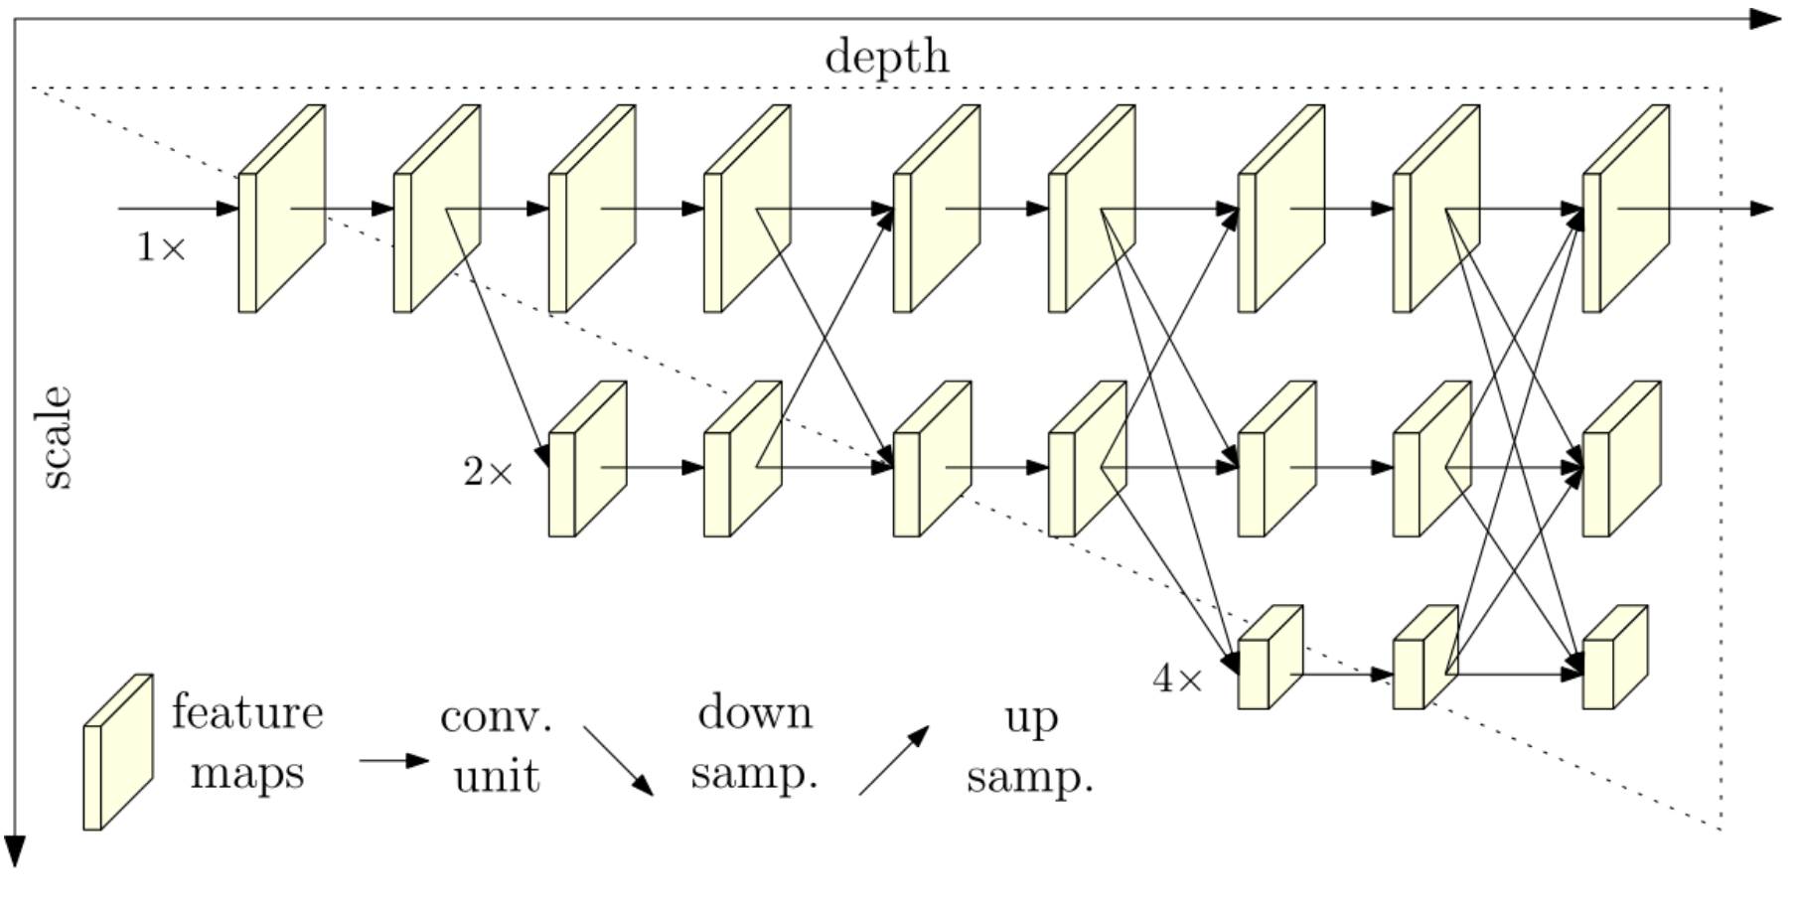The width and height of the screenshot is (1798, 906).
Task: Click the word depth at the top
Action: [886, 57]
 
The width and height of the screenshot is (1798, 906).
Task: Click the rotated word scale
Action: [57, 438]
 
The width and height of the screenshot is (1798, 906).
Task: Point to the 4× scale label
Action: [1177, 679]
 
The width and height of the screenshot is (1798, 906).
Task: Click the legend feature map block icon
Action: [117, 752]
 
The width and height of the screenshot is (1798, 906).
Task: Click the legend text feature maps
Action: [247, 742]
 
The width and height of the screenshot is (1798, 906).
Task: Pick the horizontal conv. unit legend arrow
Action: [393, 761]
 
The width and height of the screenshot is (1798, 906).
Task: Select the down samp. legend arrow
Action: [618, 761]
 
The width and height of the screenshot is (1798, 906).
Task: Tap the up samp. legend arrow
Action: [894, 760]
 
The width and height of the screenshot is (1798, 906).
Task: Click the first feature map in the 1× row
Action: [281, 209]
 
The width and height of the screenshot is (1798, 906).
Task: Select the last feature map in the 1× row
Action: [1625, 209]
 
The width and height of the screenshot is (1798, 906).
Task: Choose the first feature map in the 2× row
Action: [587, 459]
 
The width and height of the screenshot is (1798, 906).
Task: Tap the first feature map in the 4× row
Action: [1270, 658]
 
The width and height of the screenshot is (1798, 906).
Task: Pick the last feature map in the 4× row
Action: [1614, 658]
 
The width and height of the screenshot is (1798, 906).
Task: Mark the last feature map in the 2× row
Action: [1620, 459]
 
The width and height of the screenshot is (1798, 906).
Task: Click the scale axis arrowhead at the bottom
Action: [15, 850]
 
